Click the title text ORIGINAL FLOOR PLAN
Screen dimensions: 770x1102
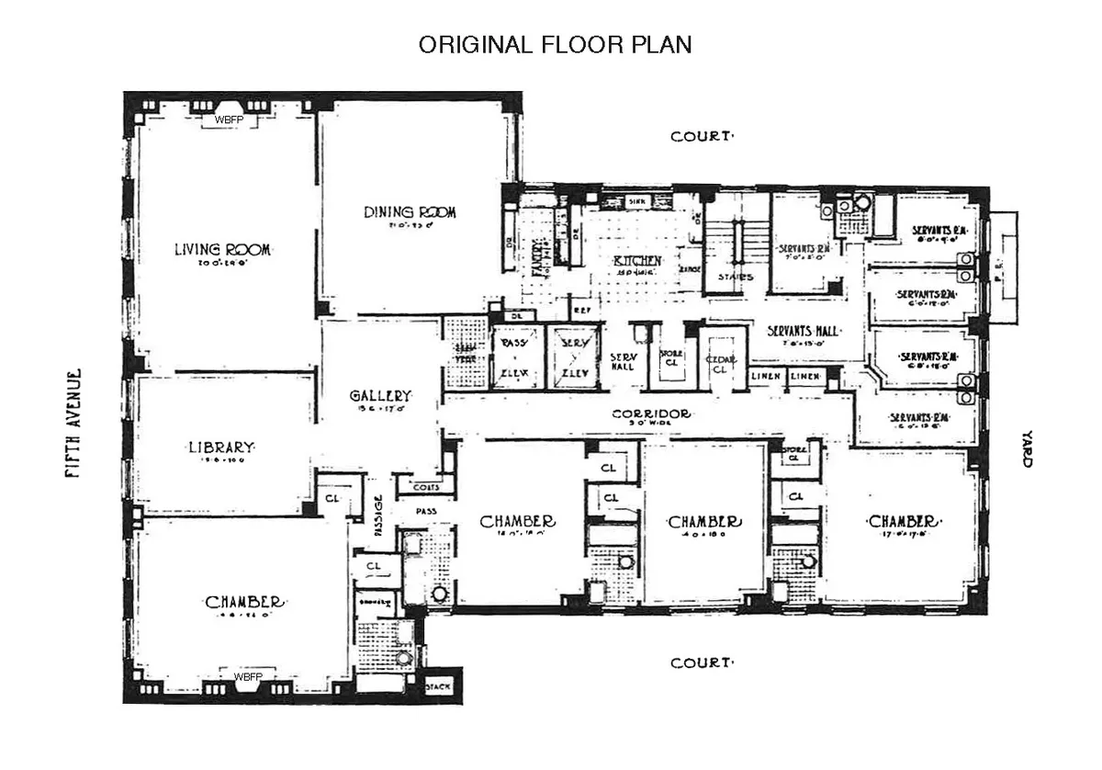(x=555, y=45)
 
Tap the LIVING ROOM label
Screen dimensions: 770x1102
(x=226, y=249)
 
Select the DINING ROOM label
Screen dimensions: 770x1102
(x=410, y=212)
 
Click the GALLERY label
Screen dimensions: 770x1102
(x=380, y=395)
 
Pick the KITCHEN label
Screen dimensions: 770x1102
(x=637, y=261)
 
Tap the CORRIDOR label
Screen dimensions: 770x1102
(x=651, y=414)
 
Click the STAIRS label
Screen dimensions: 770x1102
(x=737, y=276)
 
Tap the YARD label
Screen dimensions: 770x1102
(x=1028, y=450)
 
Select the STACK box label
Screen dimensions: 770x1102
(x=439, y=687)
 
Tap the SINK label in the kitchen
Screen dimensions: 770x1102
(x=637, y=200)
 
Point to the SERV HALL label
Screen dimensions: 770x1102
(x=623, y=361)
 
